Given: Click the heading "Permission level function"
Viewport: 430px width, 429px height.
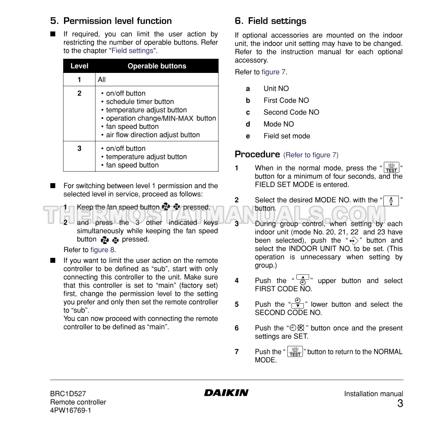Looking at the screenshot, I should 117,21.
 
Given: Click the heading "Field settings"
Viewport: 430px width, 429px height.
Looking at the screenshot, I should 277,21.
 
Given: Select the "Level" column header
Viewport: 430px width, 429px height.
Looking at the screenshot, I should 79,66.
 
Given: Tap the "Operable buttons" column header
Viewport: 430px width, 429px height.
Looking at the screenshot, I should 157,66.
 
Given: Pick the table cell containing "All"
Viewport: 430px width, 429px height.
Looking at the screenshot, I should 102,80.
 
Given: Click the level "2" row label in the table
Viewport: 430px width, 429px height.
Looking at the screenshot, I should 80,93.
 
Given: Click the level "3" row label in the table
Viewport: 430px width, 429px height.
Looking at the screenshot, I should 80,148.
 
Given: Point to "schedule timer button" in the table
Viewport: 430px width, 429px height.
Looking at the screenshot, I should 139,102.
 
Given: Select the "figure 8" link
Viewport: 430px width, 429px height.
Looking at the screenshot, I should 103,250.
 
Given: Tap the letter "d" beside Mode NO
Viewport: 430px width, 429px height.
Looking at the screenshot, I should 248,124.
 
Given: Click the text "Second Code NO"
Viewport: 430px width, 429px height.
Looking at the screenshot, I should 291,112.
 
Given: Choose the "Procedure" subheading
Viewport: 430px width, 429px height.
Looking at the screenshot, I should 257,154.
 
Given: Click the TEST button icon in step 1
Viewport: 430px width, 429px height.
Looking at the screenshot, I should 391,168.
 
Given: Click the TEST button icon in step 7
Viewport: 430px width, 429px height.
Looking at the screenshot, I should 295,352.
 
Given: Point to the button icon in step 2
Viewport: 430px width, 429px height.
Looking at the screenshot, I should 391,200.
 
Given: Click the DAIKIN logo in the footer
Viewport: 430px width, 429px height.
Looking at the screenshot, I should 226,393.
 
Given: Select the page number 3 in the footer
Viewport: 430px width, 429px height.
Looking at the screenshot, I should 400,404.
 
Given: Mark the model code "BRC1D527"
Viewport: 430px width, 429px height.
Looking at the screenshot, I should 68,394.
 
